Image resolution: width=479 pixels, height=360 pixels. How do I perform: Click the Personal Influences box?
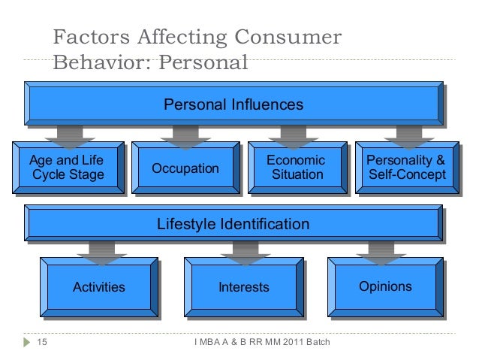pyautogui.click(x=233, y=104)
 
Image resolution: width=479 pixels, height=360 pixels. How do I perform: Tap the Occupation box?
pyautogui.click(x=185, y=168)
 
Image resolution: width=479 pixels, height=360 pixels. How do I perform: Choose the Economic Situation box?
pyautogui.click(x=296, y=168)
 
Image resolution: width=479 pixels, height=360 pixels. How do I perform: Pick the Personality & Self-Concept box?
pyautogui.click(x=405, y=168)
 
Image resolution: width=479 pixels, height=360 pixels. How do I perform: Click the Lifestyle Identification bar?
pyautogui.click(x=233, y=224)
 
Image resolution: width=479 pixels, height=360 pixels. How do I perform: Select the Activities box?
pyautogui.click(x=98, y=286)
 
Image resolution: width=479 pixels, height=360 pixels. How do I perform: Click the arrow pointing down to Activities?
pyautogui.click(x=100, y=251)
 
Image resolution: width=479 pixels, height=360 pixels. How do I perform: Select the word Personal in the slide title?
pyautogui.click(x=200, y=62)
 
